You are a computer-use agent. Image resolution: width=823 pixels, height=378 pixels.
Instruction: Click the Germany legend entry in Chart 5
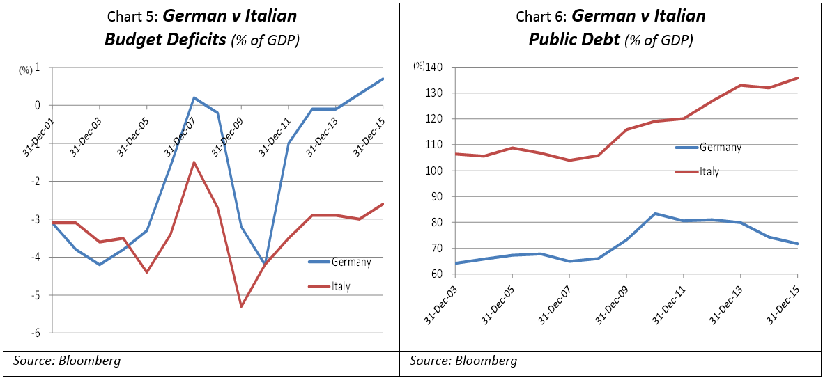(x=351, y=262)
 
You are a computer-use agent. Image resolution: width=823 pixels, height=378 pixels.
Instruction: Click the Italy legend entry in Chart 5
(x=341, y=285)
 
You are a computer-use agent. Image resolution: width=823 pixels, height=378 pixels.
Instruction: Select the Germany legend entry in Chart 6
(x=720, y=148)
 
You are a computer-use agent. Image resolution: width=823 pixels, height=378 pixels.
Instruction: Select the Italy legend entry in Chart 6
(x=709, y=171)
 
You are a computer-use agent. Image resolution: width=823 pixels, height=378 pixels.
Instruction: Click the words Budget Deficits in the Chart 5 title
(x=166, y=40)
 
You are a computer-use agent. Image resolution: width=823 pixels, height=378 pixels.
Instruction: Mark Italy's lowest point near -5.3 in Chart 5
(x=241, y=306)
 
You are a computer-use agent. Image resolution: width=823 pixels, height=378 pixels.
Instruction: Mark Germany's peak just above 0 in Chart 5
(x=194, y=97)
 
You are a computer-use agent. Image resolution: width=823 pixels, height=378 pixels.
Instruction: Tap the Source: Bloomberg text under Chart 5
(x=67, y=360)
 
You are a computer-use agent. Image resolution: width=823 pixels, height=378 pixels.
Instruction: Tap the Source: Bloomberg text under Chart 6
(x=463, y=360)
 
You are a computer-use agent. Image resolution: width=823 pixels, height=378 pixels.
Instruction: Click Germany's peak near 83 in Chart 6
(x=654, y=214)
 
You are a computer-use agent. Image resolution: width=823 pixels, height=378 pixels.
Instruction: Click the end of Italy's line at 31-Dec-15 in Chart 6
(x=797, y=78)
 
